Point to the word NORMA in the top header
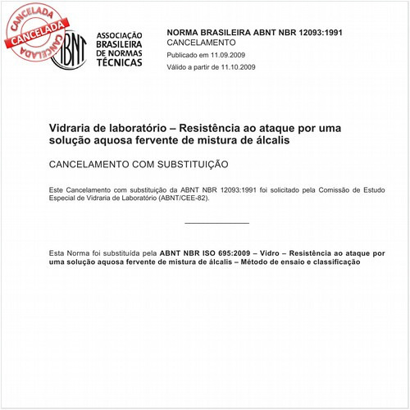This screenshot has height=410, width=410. click(x=186, y=30)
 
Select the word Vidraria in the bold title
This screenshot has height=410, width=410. click(x=73, y=128)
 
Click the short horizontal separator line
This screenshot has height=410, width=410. click(x=216, y=223)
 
